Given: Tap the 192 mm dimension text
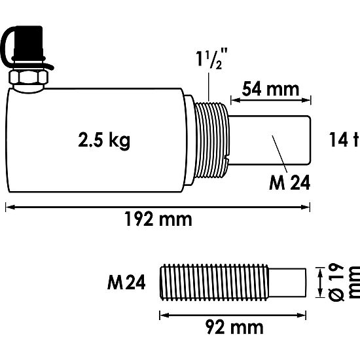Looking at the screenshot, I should coord(159,219).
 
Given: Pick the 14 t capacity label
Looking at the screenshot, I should coord(343,139).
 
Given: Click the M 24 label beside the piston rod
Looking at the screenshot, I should coord(289,183).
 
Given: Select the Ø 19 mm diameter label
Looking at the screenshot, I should coord(343,283).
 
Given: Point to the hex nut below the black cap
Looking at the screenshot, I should coord(28,79).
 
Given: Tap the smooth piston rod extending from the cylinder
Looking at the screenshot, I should coord(268,139).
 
